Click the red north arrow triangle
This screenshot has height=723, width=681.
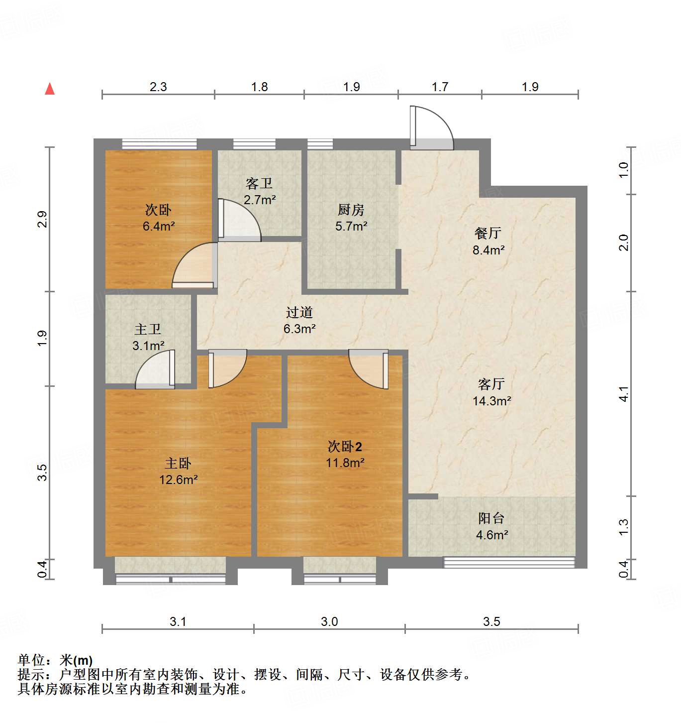click(x=50, y=89)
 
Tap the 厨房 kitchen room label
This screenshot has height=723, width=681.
click(x=351, y=210)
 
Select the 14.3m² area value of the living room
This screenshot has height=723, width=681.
click(x=492, y=401)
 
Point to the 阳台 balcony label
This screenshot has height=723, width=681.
click(x=491, y=518)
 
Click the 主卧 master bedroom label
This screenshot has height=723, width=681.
click(x=178, y=464)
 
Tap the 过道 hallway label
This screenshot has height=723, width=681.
click(x=299, y=312)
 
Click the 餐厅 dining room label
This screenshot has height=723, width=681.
click(x=488, y=233)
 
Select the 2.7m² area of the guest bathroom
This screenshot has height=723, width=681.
click(x=260, y=200)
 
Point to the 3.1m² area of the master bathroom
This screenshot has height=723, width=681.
click(x=148, y=346)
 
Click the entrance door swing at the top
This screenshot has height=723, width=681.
click(x=430, y=128)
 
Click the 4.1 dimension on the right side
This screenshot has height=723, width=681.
click(x=624, y=393)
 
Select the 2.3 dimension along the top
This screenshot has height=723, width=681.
click(x=158, y=87)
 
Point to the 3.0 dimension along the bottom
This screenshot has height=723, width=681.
click(x=329, y=621)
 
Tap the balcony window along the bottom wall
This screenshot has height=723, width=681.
click(x=509, y=563)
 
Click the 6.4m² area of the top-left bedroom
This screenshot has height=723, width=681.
click(x=159, y=227)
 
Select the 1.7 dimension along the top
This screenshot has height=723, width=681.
click(x=440, y=87)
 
